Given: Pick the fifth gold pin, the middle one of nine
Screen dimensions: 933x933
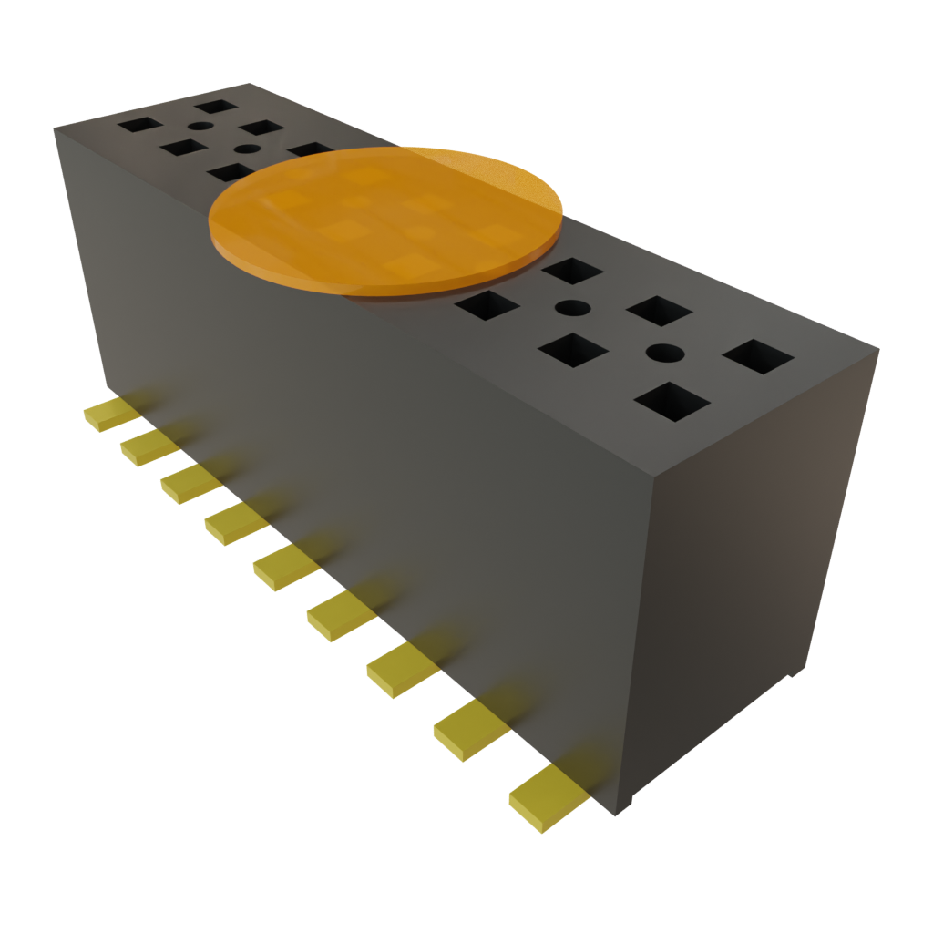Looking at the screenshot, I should pos(284,568).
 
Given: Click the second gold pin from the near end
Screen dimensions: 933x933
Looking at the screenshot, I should pos(470,728).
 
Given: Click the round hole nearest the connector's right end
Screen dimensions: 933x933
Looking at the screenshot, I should pos(665,352).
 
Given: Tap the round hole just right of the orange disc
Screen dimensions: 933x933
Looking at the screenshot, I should pos(571,307).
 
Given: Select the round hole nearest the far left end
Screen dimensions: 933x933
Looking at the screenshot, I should pos(200,127).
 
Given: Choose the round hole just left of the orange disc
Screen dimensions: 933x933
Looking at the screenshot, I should pos(247,149).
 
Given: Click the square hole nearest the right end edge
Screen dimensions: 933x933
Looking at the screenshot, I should pos(758,356).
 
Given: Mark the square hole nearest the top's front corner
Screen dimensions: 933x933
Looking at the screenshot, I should pos(672,401).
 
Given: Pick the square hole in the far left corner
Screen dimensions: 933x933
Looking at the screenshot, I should pos(140,123).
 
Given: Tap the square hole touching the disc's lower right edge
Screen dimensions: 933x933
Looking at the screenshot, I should pos(487,304).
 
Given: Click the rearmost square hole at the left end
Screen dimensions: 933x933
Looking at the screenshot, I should pos(216,107).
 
